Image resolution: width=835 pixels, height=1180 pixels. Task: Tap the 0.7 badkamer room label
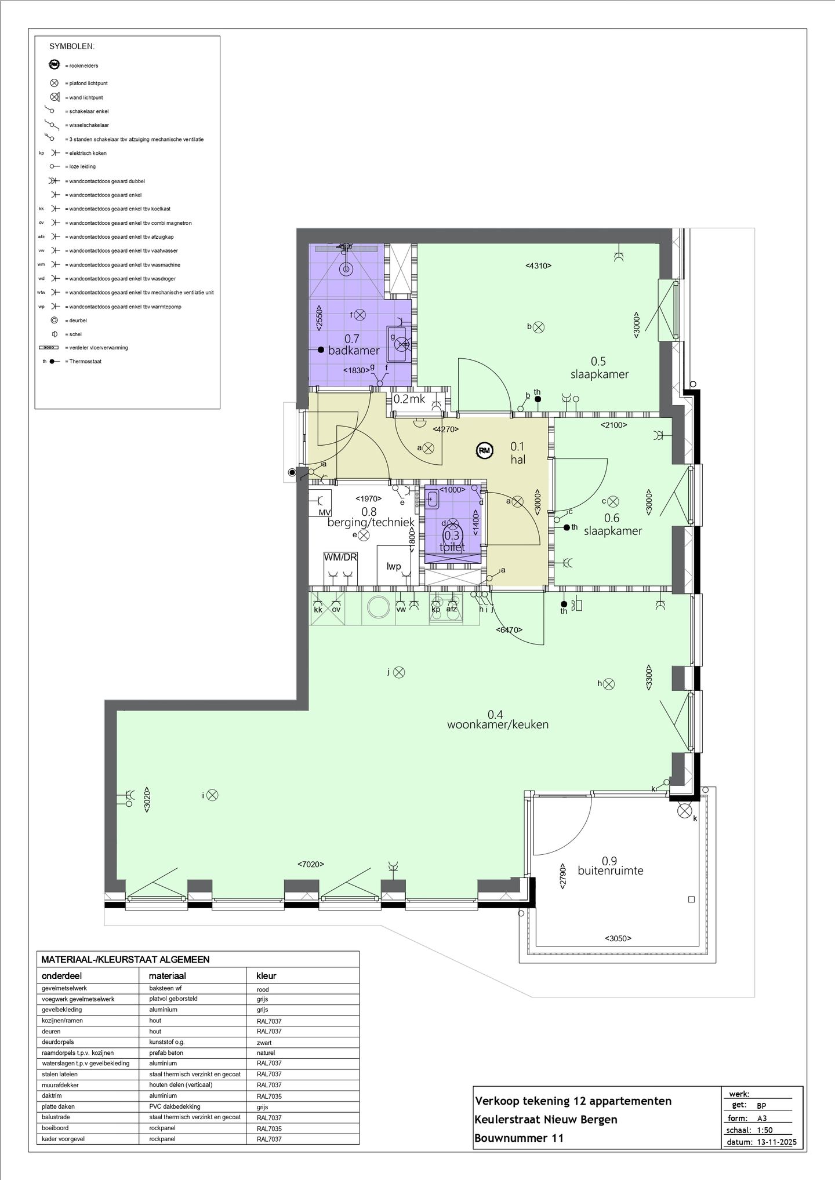(x=353, y=344)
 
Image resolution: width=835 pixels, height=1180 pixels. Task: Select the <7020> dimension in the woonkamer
(x=311, y=864)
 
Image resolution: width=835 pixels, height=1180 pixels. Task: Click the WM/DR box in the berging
(x=340, y=558)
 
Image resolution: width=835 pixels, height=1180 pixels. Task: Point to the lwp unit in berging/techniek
(x=394, y=566)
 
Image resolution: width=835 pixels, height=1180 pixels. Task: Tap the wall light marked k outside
(x=685, y=810)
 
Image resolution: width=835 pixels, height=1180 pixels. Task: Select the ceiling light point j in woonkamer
(x=399, y=672)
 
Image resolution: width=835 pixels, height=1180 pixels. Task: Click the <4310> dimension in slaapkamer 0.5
(x=538, y=266)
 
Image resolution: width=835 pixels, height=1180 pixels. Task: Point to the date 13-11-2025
(x=777, y=1142)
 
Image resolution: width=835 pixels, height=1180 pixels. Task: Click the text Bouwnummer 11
(x=518, y=1138)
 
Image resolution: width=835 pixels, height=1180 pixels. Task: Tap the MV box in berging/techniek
(x=325, y=513)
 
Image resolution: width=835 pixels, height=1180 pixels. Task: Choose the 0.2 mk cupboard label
(x=409, y=399)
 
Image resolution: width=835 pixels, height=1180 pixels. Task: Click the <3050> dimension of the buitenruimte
(x=618, y=938)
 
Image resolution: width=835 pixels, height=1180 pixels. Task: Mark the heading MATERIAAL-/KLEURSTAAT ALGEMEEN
(x=125, y=960)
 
